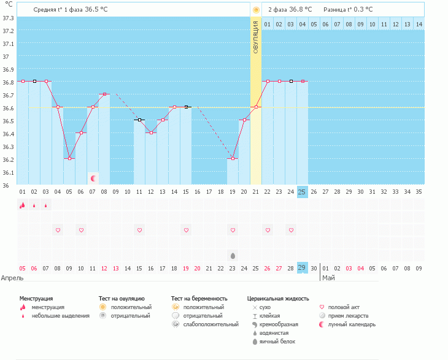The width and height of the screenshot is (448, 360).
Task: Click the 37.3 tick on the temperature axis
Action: pyautogui.click(x=7, y=18)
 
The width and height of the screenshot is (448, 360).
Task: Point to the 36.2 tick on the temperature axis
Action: pyautogui.click(x=7, y=159)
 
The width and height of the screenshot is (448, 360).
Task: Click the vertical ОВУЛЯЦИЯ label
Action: pyautogui.click(x=256, y=37)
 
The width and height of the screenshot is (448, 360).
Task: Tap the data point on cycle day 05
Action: pyautogui.click(x=69, y=158)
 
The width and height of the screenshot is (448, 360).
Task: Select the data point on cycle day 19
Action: pyautogui.click(x=233, y=158)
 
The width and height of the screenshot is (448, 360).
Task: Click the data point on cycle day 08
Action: pyautogui.click(x=104, y=94)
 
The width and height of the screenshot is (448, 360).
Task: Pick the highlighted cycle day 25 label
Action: pyautogui.click(x=302, y=192)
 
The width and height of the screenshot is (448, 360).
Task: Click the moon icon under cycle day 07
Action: pyautogui.click(x=93, y=178)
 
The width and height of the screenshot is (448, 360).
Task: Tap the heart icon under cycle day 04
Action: pyautogui.click(x=58, y=230)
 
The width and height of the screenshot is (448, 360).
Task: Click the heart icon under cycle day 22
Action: pyautogui.click(x=268, y=230)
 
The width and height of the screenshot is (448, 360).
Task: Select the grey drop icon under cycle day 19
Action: pyautogui.click(x=233, y=255)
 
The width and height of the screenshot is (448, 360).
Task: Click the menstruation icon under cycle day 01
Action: pyautogui.click(x=22, y=205)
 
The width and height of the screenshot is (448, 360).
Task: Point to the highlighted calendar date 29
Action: pyautogui.click(x=302, y=268)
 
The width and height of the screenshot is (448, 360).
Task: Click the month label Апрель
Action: pyautogui.click(x=12, y=278)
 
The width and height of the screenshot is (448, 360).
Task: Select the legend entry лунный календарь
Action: pyautogui.click(x=352, y=324)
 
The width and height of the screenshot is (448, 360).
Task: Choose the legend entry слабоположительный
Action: pyautogui.click(x=210, y=324)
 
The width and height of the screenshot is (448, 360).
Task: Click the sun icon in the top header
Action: pyautogui.click(x=256, y=10)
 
